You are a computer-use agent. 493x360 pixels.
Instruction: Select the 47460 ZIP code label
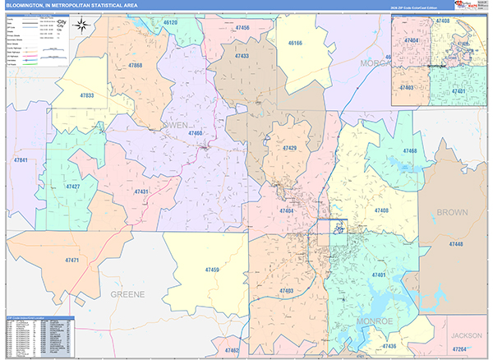(195, 132)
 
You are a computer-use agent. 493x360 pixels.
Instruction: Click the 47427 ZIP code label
(73, 187)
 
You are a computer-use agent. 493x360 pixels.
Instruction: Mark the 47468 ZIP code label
(409, 151)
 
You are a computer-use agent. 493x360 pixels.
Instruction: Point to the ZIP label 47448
(457, 244)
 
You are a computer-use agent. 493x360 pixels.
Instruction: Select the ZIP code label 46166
(297, 43)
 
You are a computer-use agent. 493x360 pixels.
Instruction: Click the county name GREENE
(127, 293)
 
